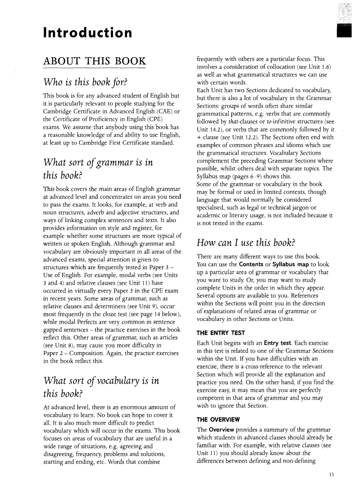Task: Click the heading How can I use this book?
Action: pos(246,242)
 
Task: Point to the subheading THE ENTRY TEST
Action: pos(220,333)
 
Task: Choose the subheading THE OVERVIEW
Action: pos(218,419)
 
